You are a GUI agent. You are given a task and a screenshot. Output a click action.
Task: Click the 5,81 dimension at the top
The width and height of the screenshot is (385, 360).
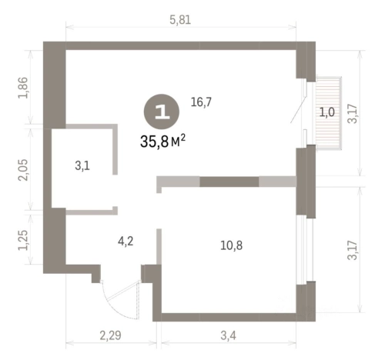click(180, 20)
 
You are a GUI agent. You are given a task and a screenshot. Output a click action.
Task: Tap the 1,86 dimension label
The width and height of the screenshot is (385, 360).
click(22, 88)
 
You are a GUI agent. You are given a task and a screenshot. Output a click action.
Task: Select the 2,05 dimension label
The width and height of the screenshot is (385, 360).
click(22, 170)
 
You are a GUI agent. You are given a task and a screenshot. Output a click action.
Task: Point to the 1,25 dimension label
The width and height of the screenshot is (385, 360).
click(22, 240)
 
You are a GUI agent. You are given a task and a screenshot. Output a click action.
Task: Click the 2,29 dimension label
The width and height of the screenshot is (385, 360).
click(110, 335)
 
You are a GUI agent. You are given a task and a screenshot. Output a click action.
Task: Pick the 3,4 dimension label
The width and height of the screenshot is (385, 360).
click(228, 335)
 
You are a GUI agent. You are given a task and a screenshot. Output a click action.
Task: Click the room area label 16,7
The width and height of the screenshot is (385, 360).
click(201, 102)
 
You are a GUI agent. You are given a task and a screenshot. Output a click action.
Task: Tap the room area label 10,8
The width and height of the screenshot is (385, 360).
click(232, 245)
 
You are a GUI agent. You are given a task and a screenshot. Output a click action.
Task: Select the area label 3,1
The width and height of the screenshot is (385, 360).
click(82, 166)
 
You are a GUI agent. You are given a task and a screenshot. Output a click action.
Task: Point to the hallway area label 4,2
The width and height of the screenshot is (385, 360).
click(126, 242)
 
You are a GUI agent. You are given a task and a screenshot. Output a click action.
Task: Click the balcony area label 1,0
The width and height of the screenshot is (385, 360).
click(327, 112)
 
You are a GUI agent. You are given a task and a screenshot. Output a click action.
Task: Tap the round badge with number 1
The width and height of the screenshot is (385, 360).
click(162, 112)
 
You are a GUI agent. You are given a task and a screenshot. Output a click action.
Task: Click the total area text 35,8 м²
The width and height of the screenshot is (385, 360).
click(162, 142)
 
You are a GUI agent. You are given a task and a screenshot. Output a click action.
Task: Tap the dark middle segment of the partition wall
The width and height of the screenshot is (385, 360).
click(229, 182)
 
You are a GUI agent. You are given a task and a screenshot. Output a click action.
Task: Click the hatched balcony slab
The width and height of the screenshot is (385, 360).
click(328, 113)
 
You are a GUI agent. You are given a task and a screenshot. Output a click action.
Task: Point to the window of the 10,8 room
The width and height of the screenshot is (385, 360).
click(305, 249)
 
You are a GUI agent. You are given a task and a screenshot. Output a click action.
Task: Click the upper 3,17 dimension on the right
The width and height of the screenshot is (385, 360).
click(354, 114)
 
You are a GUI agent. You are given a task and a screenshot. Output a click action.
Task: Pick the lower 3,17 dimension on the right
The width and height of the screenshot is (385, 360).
click(354, 250)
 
